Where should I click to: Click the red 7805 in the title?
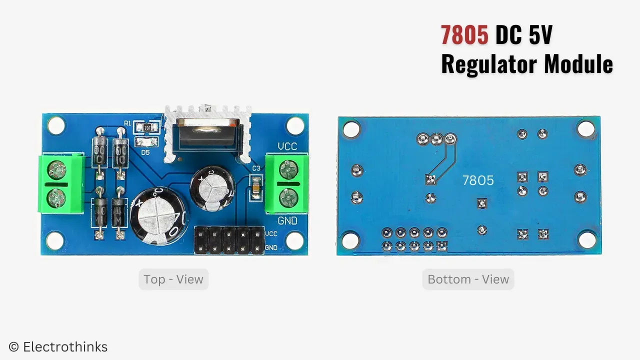pyautogui.click(x=464, y=35)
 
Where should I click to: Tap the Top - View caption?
pyautogui.click(x=173, y=279)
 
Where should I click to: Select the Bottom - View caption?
pyautogui.click(x=468, y=279)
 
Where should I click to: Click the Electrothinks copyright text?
pyautogui.click(x=58, y=347)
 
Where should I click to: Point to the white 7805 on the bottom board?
pyautogui.click(x=478, y=180)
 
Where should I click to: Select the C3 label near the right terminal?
pyautogui.click(x=256, y=168)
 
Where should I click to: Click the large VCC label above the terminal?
pyautogui.click(x=287, y=147)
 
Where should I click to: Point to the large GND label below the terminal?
pyautogui.click(x=287, y=221)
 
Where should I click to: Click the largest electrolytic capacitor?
pyautogui.click(x=156, y=213)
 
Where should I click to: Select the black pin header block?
pyautogui.click(x=229, y=240)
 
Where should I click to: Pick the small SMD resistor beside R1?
pyautogui.click(x=147, y=128)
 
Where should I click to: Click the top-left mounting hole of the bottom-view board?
pyautogui.click(x=351, y=129)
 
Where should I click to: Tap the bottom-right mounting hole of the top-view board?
pyautogui.click(x=295, y=240)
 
